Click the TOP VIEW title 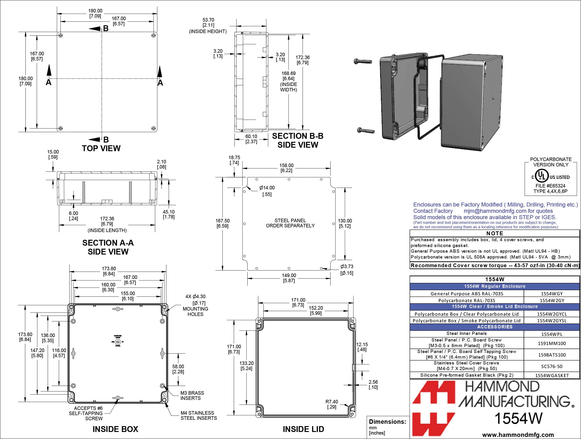click(x=101, y=148)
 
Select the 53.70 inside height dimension click(x=208, y=23)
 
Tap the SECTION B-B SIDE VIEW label click(x=298, y=140)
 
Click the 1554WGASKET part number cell click(x=552, y=375)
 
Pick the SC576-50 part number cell click(x=552, y=366)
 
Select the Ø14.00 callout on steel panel click(x=267, y=188)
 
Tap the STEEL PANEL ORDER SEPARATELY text click(x=290, y=223)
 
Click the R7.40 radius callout click(x=331, y=404)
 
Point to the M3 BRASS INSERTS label click(x=192, y=395)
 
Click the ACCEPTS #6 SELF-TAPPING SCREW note click(x=86, y=413)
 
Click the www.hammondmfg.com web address click(x=518, y=435)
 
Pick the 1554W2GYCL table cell click(x=552, y=314)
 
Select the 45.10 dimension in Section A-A click(x=168, y=214)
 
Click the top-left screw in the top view click(x=61, y=35)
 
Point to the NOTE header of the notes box click(x=495, y=233)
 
